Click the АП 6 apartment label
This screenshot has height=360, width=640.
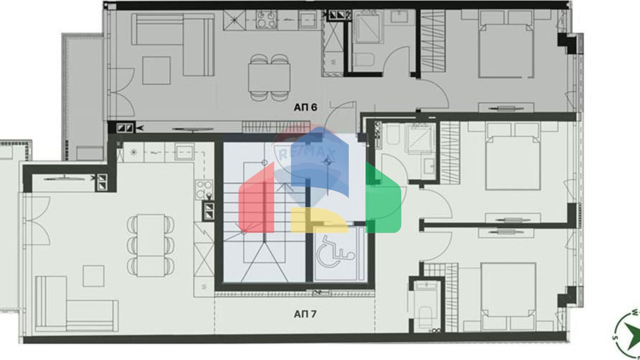(305, 107)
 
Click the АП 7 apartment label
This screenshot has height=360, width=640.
(305, 314)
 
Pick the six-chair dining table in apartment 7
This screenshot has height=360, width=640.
(150, 245)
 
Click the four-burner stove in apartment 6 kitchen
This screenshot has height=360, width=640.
(267, 19)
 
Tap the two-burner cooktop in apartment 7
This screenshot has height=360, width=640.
(204, 189)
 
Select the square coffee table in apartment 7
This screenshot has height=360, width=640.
(93, 275)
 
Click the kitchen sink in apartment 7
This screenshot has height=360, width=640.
(184, 150)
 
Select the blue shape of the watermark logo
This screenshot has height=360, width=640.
(321, 162)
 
